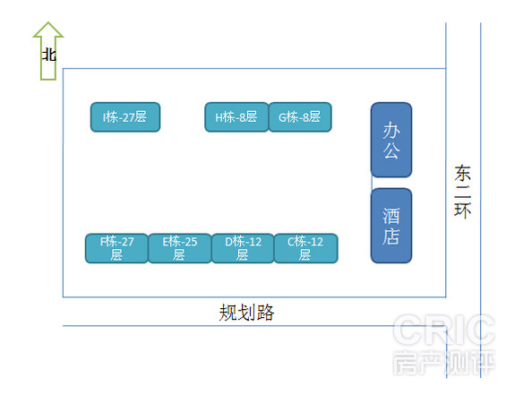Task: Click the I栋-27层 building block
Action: (x=125, y=117)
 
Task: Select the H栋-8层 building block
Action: (x=236, y=117)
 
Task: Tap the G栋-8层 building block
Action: (x=300, y=117)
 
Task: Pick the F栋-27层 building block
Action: (x=116, y=248)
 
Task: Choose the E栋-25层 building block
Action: (x=180, y=248)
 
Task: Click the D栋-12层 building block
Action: (x=243, y=248)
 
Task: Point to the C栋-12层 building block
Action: (x=306, y=248)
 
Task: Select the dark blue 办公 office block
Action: (x=391, y=140)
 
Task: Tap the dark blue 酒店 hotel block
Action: (x=391, y=226)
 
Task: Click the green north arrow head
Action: (x=48, y=30)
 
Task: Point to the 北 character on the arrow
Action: (x=48, y=55)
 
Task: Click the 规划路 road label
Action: (x=247, y=313)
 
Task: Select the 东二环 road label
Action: (x=463, y=192)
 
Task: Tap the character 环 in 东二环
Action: (x=463, y=210)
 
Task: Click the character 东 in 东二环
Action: (x=463, y=173)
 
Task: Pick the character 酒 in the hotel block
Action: (x=391, y=216)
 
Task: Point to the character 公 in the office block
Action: (x=391, y=150)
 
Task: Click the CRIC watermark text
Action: (x=444, y=330)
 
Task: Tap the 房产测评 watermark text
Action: (x=444, y=363)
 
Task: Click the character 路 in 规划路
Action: (x=265, y=313)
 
